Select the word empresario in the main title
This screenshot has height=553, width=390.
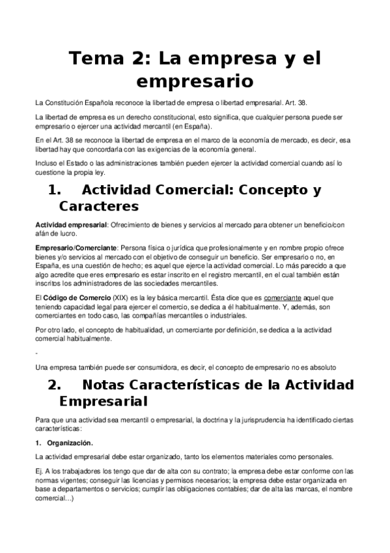[x=195, y=83]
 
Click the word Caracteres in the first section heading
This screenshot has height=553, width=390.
[x=98, y=207]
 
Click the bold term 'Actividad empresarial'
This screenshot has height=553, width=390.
[x=71, y=225]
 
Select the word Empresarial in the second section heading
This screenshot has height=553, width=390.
[x=103, y=400]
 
